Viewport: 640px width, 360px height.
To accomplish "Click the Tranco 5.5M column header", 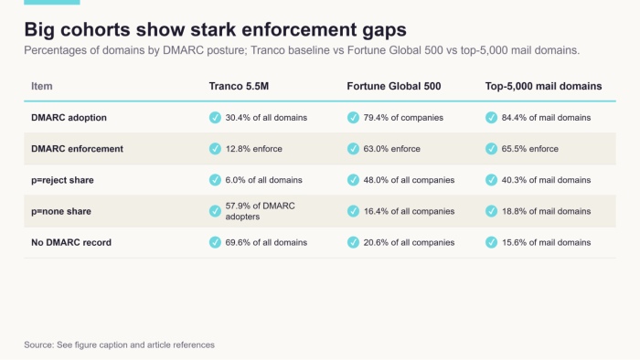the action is [x=239, y=86].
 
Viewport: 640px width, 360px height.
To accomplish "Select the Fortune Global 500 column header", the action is [x=394, y=86].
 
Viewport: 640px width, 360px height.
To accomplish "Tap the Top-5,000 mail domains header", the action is [x=543, y=86].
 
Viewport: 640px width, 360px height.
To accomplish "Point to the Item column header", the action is [x=42, y=86].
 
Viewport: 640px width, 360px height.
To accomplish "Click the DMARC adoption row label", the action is [x=69, y=118].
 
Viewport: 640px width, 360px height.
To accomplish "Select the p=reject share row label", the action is [x=62, y=180].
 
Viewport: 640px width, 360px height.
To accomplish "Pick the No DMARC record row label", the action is [x=71, y=242].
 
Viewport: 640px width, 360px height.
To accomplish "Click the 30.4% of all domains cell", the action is [x=266, y=118].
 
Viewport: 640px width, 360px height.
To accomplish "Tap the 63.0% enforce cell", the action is [x=392, y=149].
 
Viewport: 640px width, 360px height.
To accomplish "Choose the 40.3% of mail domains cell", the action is [x=546, y=180].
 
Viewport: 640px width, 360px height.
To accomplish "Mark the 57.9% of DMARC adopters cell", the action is [x=260, y=211].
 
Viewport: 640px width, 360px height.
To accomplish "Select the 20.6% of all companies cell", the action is [x=409, y=242].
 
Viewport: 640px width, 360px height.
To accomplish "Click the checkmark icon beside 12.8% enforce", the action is [x=215, y=149].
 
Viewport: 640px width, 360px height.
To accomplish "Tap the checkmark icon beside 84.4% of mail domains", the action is [x=492, y=118].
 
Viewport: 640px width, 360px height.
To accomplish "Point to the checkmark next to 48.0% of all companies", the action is [x=353, y=180].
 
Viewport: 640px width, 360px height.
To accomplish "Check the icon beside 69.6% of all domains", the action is [x=215, y=242].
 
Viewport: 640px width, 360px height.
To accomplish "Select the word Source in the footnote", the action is [x=38, y=344].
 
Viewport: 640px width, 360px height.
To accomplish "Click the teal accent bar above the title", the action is [x=52, y=2].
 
